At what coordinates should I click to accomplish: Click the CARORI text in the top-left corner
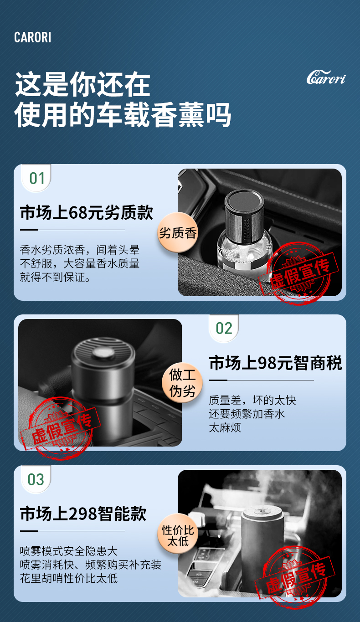(32, 37)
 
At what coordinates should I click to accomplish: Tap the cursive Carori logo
(326, 77)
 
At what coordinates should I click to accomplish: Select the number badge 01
(37, 178)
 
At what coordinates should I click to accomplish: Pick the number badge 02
(224, 328)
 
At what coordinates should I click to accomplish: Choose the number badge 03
(36, 479)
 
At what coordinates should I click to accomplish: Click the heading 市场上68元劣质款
(87, 213)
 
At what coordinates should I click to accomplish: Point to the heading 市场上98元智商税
(275, 363)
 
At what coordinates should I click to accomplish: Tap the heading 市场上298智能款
(83, 514)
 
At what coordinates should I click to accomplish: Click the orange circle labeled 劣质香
(178, 233)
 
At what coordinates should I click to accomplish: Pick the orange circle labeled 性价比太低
(178, 535)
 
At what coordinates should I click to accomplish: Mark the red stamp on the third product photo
(297, 576)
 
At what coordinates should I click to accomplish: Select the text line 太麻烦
(225, 428)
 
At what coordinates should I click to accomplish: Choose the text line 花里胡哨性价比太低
(69, 579)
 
